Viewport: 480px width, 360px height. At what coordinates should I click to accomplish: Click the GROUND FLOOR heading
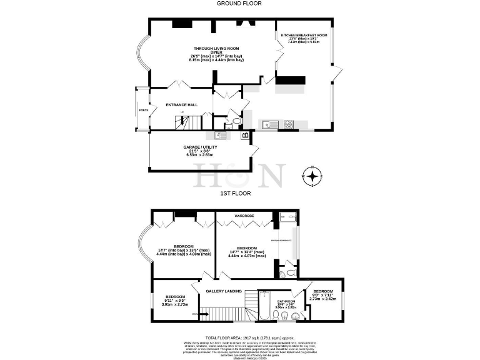point(239,3)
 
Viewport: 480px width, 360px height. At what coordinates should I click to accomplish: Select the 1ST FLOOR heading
point(236,193)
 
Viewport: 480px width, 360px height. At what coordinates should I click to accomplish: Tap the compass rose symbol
point(312,176)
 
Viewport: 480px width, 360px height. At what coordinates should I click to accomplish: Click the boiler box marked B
point(245,134)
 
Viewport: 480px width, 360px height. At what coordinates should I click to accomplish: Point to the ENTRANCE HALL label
point(182,105)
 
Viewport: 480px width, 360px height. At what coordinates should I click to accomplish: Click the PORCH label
point(143,112)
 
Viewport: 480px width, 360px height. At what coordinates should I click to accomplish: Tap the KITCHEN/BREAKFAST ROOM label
point(304,36)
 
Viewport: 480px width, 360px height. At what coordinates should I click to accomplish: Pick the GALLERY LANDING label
point(225,291)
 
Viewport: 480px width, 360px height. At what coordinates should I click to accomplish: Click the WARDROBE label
point(243,216)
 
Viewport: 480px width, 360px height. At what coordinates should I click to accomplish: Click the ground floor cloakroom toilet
point(236,121)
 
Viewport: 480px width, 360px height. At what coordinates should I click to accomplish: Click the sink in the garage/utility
point(220,134)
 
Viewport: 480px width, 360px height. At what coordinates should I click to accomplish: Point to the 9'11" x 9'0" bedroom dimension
point(175,301)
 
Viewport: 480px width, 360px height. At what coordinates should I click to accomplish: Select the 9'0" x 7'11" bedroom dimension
point(323,299)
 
